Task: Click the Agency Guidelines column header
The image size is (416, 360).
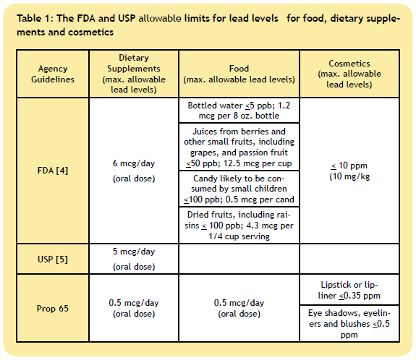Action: (53, 74)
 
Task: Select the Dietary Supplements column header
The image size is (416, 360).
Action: (134, 74)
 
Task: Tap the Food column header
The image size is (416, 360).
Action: (239, 74)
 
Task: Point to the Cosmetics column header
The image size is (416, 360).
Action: (349, 74)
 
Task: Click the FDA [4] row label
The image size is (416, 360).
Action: (53, 171)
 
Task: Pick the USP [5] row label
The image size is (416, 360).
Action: (53, 259)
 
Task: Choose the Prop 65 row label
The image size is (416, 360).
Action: (53, 308)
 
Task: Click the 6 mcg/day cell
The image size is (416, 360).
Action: (134, 171)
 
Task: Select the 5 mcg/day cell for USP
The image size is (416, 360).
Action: (134, 259)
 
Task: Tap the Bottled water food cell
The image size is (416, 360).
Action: (239, 111)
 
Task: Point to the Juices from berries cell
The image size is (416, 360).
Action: (239, 147)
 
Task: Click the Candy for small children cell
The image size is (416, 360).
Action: (239, 189)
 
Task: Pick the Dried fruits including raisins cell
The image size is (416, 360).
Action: (239, 226)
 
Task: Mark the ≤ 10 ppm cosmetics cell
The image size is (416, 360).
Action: (349, 171)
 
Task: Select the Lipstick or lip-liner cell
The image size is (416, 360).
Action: (349, 290)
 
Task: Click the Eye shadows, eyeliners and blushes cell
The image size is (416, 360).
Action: (349, 324)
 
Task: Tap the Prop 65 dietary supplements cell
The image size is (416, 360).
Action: (134, 308)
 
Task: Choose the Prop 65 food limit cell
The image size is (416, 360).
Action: (239, 308)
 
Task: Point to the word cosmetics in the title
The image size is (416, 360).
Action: (90, 32)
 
